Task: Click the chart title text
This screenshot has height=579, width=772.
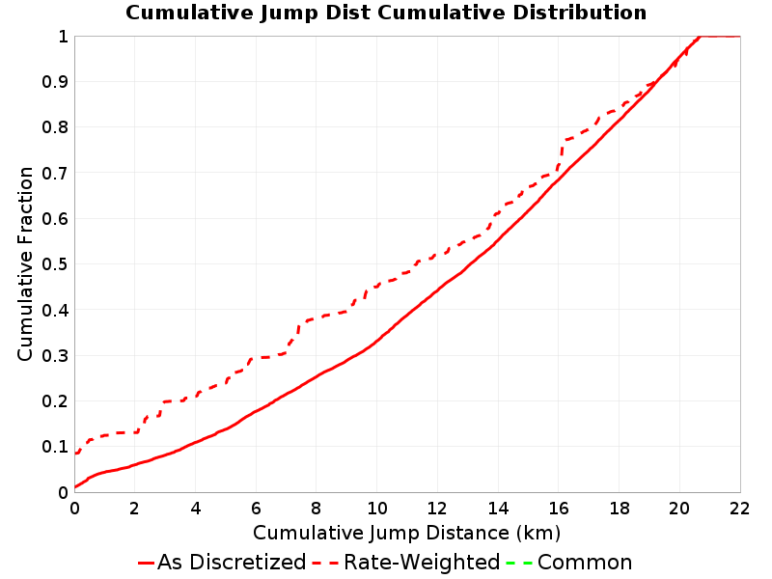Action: tap(386, 13)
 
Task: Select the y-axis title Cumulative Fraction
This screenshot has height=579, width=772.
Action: tap(25, 263)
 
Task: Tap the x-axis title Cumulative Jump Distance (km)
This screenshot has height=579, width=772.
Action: tap(406, 534)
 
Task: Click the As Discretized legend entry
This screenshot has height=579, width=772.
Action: tap(222, 563)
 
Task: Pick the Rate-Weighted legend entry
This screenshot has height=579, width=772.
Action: tap(406, 563)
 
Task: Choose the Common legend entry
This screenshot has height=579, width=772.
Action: tap(569, 563)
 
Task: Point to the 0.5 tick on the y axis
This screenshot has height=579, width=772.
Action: tap(55, 264)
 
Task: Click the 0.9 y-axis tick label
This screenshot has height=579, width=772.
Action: tap(55, 82)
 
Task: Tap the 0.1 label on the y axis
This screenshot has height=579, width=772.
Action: tap(55, 447)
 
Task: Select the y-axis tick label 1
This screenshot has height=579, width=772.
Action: tap(63, 37)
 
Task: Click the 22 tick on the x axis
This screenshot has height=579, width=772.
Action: tap(739, 509)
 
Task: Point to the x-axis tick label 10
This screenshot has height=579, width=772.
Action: tap(376, 509)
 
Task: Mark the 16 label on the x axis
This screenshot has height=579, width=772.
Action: tap(559, 509)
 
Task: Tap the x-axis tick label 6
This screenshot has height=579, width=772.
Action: tap(256, 509)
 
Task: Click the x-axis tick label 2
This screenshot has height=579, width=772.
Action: tap(135, 509)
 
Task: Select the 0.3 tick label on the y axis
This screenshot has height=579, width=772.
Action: tap(55, 356)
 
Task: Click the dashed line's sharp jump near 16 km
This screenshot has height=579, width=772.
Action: tap(562, 154)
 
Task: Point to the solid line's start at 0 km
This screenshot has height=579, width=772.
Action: tap(75, 487)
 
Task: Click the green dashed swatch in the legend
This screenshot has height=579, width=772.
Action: tap(519, 563)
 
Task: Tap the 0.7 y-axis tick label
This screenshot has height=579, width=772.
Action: tap(55, 174)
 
